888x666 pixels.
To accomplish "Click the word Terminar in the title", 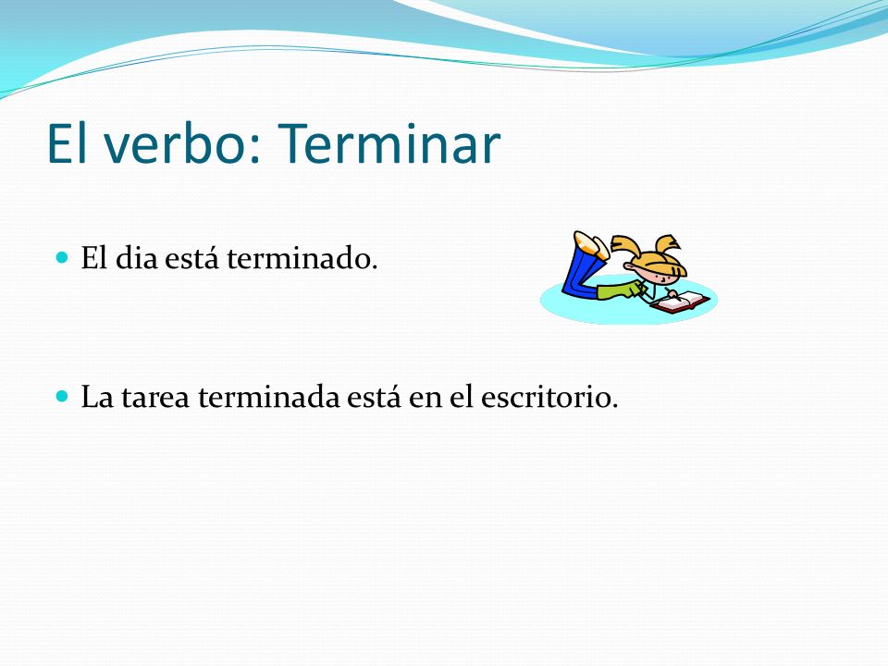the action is point(389,144).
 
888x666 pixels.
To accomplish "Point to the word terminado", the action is point(302,258).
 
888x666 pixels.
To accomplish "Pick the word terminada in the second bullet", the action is point(269,397).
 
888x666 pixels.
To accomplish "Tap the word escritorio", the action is point(549,397).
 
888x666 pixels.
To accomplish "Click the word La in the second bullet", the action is point(97,397).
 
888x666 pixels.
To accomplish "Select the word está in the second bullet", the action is point(374,396).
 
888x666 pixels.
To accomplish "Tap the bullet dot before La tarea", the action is point(62,395).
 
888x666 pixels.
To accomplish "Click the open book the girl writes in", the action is point(680,302).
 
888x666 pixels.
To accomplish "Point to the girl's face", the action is point(660,276).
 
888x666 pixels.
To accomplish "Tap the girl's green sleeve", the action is point(621,290).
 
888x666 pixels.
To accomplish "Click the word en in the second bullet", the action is point(425,398).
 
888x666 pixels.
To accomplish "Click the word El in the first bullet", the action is point(94,258).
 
